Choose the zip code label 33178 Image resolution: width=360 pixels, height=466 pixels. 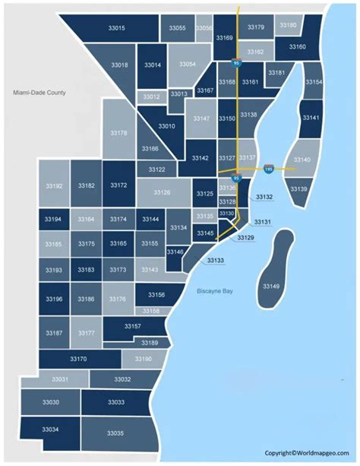coord(119,133)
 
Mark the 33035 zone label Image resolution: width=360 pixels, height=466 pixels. coord(115,433)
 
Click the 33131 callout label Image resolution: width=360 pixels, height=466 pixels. coord(262,221)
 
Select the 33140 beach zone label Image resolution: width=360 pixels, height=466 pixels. coord(302,160)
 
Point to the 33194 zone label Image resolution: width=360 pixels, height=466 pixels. coord(52,219)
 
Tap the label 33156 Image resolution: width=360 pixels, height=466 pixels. coord(156,294)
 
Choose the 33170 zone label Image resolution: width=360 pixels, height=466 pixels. coord(78,358)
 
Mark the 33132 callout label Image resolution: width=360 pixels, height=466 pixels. coord(264,197)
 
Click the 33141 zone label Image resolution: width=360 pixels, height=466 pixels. coord(311,118)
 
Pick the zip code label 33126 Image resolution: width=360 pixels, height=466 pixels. coord(162,192)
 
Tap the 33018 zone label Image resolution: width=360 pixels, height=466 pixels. coord(120,65)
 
